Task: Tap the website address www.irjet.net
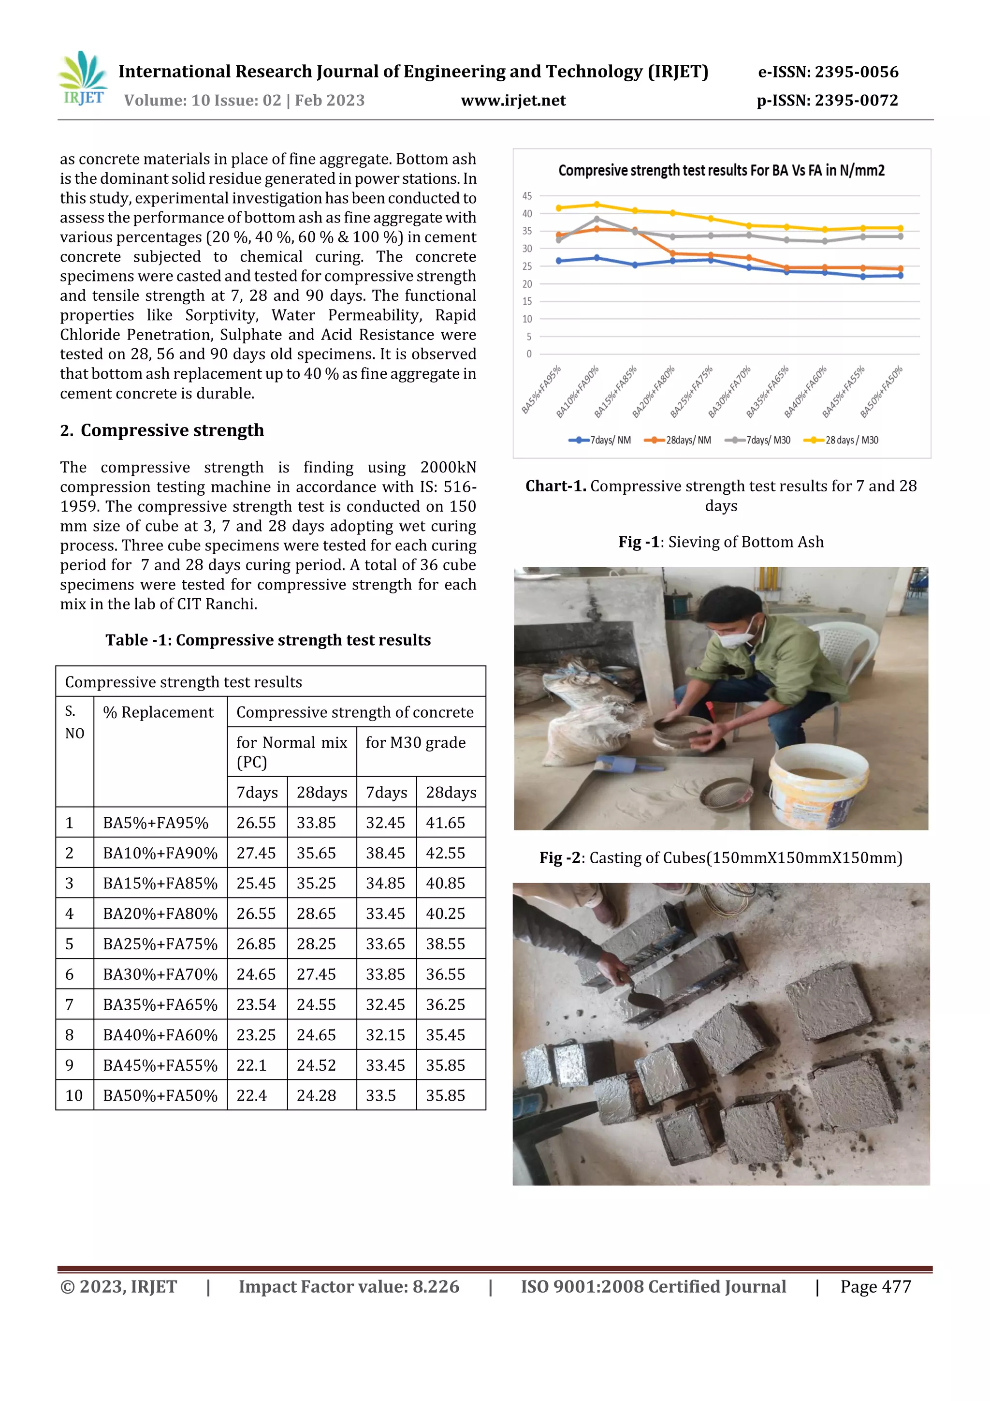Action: click(x=513, y=101)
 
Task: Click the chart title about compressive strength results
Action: click(x=721, y=170)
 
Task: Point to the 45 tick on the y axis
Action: click(x=527, y=196)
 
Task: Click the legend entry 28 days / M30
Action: click(x=842, y=440)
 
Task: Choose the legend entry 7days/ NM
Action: click(x=600, y=440)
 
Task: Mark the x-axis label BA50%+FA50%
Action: click(x=881, y=392)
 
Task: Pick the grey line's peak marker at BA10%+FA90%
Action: click(x=597, y=219)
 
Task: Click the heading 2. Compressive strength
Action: click(x=162, y=430)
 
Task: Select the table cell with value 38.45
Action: click(x=385, y=853)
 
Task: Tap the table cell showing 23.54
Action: click(x=256, y=1004)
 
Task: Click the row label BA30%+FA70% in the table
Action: click(x=160, y=974)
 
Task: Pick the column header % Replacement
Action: click(x=158, y=712)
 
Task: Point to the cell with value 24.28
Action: click(x=316, y=1095)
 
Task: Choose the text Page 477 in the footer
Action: click(x=875, y=1286)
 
